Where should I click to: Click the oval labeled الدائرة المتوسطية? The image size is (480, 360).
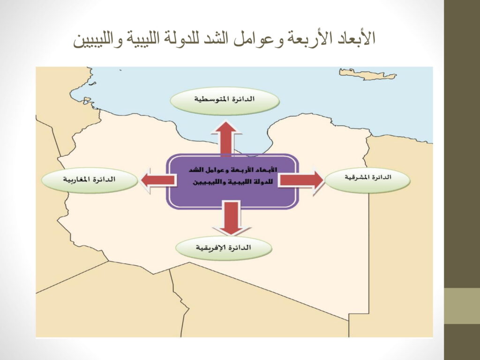coord(225,101)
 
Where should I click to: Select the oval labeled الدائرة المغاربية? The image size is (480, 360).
coord(90,180)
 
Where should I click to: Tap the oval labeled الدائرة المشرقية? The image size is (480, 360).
coord(367,180)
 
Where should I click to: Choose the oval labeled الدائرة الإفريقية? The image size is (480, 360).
coord(224,247)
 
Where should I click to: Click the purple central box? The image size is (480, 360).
coord(232,181)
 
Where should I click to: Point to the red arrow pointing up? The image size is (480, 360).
coord(226,138)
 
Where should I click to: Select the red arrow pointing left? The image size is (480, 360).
coord(158,180)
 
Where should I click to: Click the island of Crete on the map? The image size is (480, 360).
coord(367,74)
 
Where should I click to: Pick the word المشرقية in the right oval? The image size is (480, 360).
coord(356,178)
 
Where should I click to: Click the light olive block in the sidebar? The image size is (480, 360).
coord(462,306)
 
